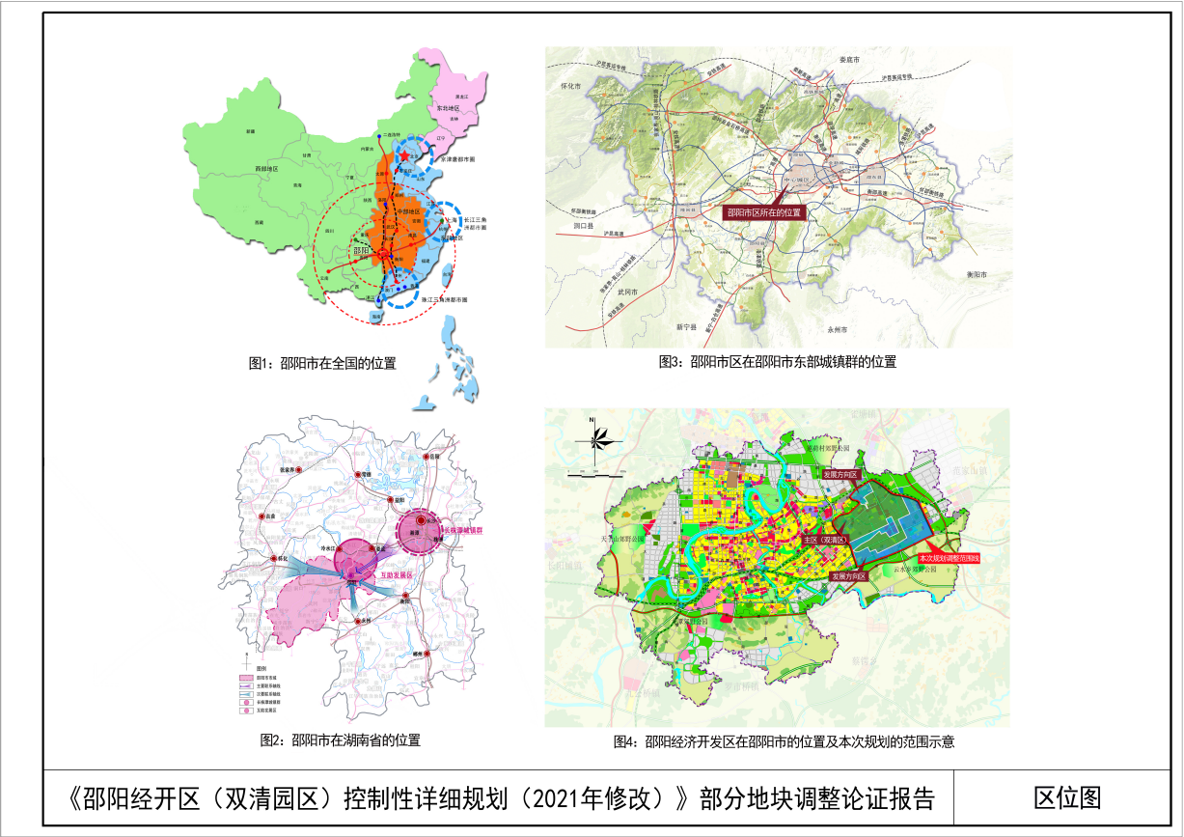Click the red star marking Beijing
[403, 156]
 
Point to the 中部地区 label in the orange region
[410, 209]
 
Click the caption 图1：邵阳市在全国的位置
[322, 364]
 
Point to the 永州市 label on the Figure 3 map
[836, 330]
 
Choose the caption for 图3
[777, 362]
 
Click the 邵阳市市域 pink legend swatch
[248, 678]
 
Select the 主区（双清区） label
[825, 540]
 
